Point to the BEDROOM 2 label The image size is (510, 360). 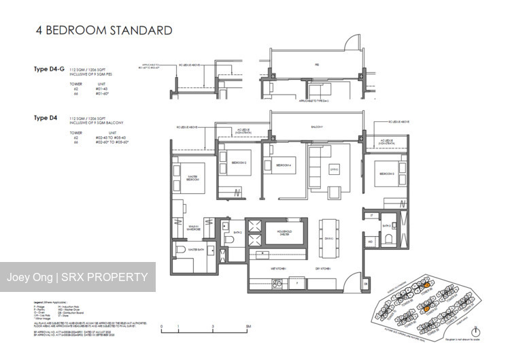click(239, 164)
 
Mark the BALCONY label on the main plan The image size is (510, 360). click(317, 127)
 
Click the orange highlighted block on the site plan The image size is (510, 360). click(427, 308)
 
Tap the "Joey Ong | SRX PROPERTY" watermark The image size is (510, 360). click(77, 277)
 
